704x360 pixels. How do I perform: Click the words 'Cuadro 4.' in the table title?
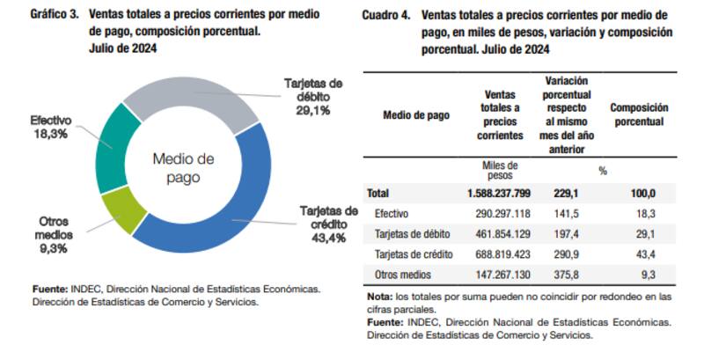[x=386, y=16]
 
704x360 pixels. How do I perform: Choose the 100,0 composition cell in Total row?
[x=642, y=193]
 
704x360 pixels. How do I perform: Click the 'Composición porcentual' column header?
[x=639, y=114]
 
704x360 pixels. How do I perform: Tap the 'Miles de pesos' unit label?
[x=500, y=170]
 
